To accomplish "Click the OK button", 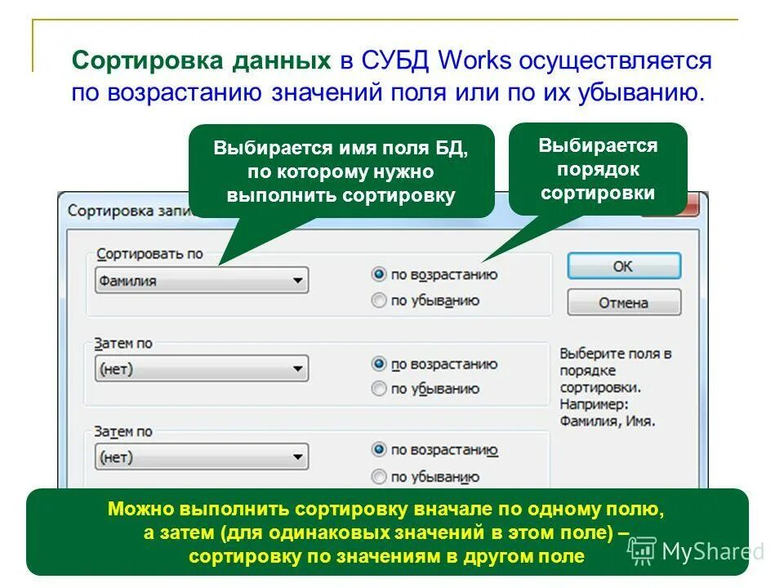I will coord(623,266).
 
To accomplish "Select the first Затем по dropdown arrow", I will coord(297,369).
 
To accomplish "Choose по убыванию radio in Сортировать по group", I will coord(379,301).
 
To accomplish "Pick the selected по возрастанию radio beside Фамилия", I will coord(379,274).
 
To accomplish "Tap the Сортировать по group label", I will coord(149,254).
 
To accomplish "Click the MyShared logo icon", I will coord(642,551).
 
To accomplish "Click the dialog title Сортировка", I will coord(106,211).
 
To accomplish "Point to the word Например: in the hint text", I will coord(593,404).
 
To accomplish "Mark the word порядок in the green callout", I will coord(598,170).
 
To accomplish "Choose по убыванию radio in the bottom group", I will coord(379,476).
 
